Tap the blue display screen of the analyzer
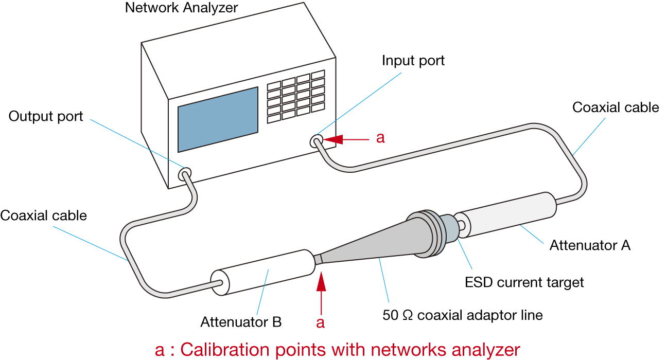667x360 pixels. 218,119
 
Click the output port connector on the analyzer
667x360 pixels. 185,174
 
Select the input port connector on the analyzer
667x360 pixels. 317,140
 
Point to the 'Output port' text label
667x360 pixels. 46,117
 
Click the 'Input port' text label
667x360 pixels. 413,61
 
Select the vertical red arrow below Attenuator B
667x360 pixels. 321,293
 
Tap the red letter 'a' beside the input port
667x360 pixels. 380,138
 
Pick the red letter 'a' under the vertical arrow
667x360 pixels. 321,322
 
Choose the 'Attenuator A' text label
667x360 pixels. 590,245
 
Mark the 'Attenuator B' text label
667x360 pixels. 241,322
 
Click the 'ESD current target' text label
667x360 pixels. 524,282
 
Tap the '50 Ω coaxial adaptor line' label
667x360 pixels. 463,315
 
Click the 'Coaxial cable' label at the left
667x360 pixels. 44,215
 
